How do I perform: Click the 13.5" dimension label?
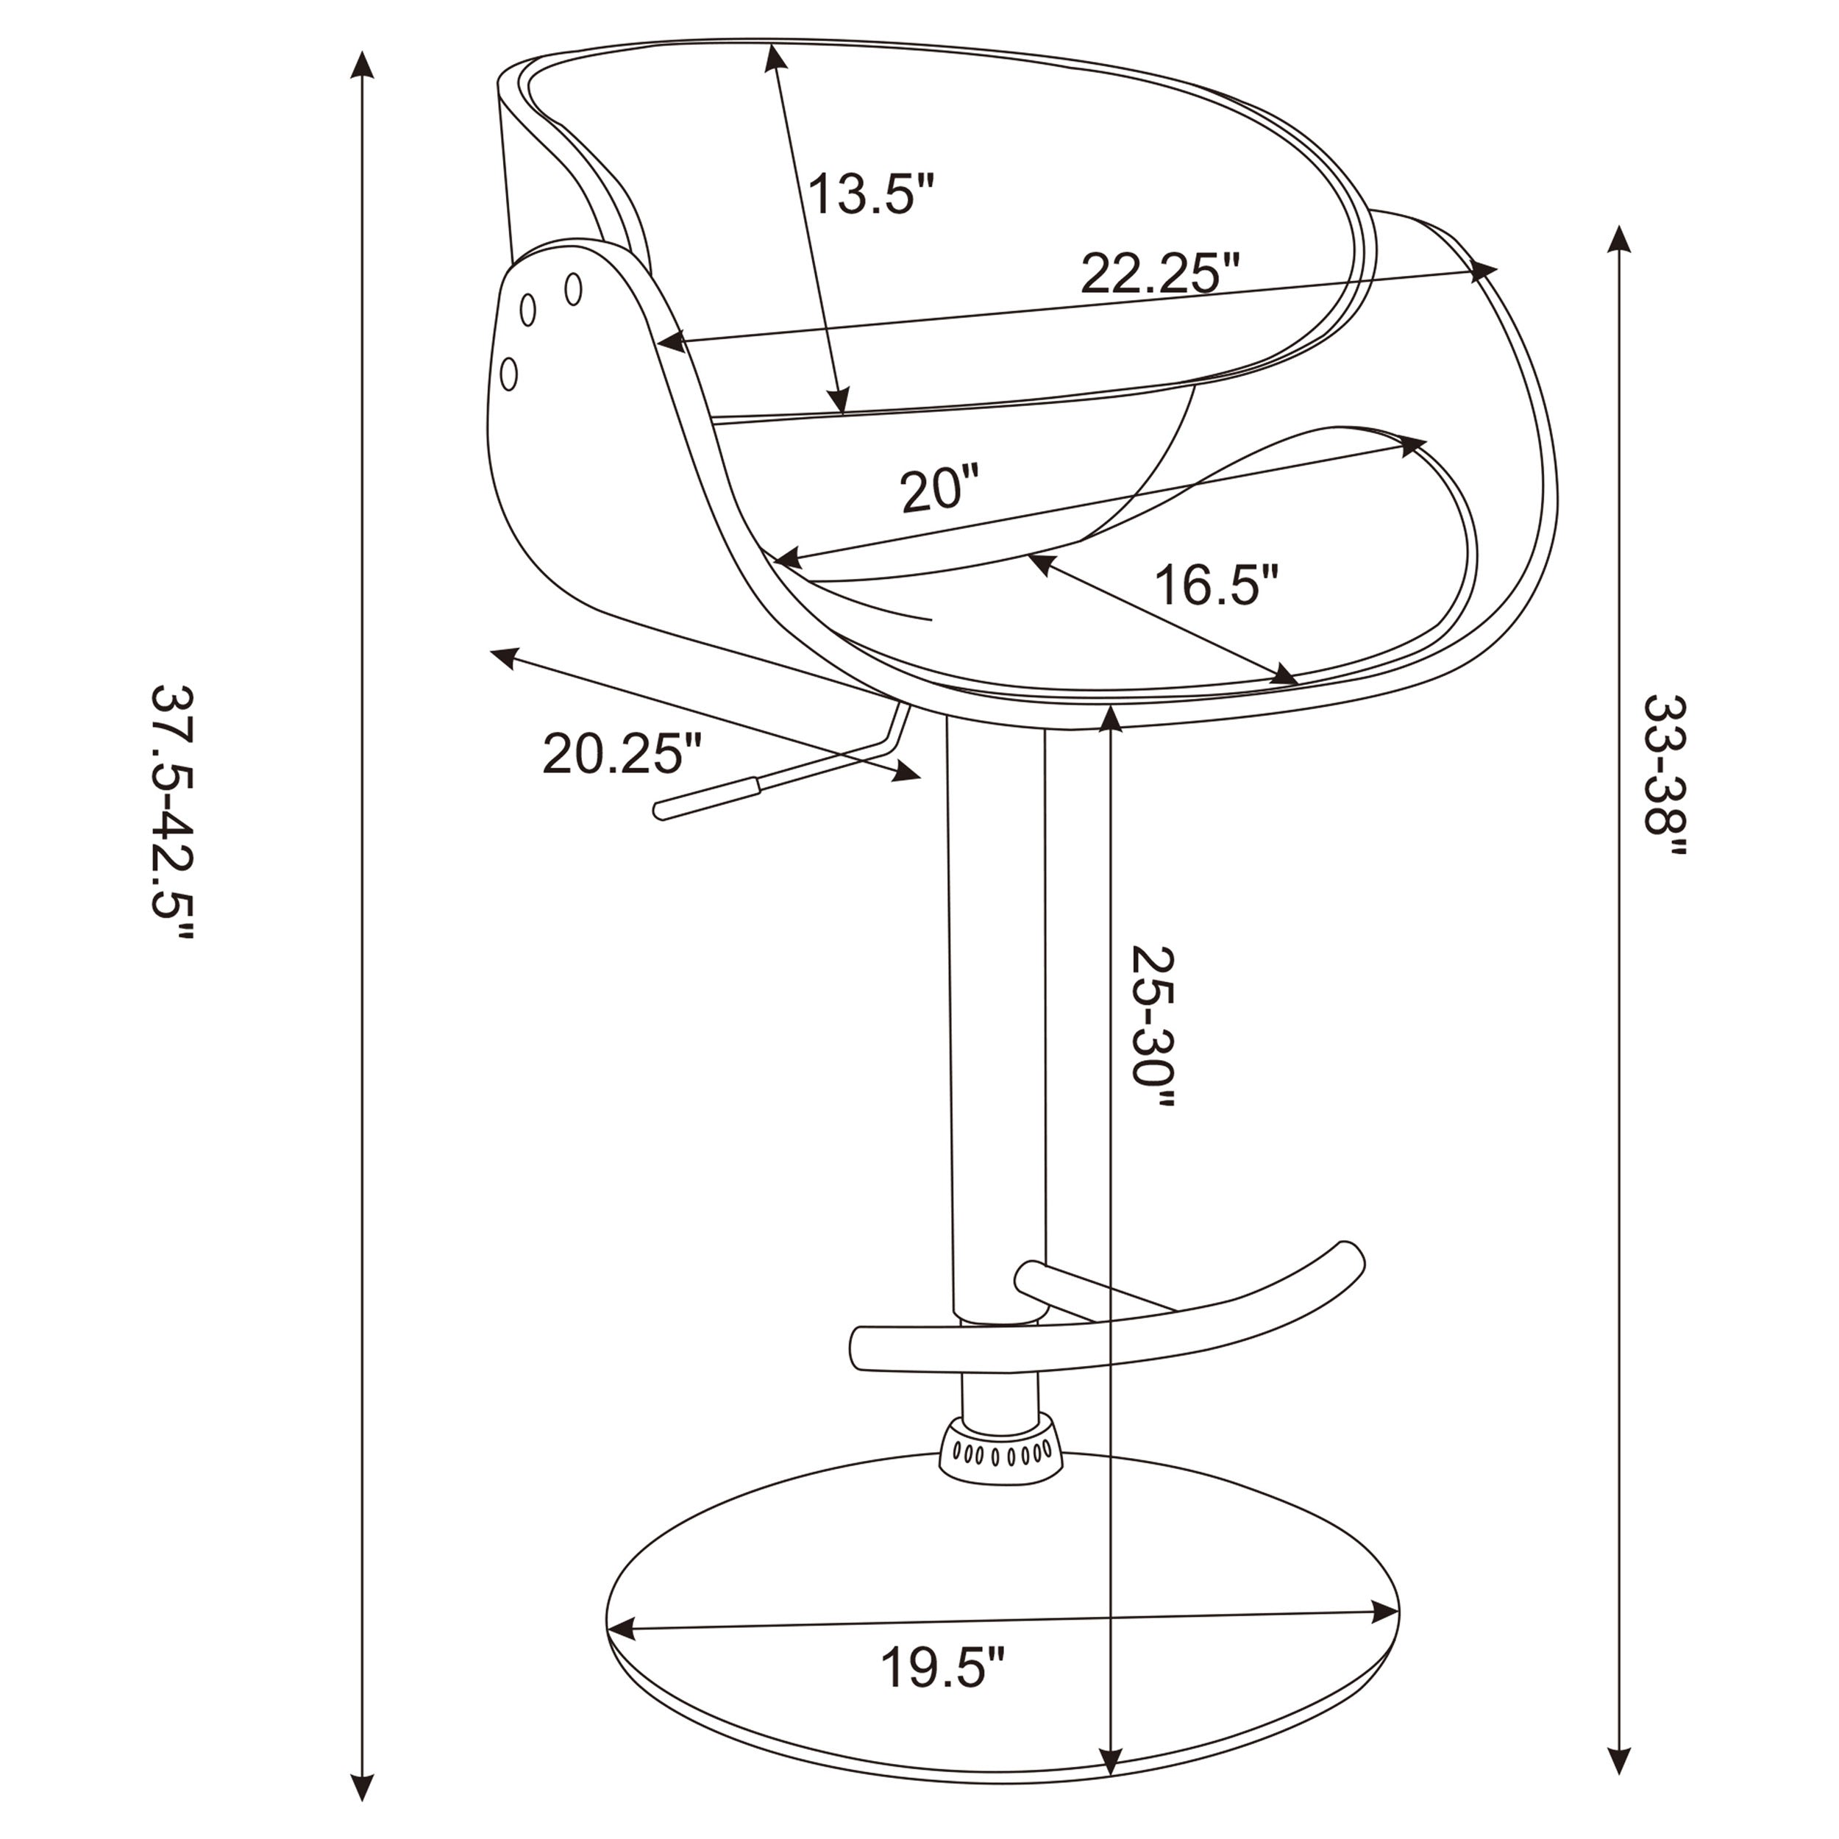click(x=871, y=195)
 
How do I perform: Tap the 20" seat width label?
click(x=939, y=490)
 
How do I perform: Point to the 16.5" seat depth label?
click(x=1215, y=585)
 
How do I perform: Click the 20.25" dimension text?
click(x=622, y=754)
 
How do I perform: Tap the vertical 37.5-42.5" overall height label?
click(x=174, y=812)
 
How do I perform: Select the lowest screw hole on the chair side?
click(x=509, y=373)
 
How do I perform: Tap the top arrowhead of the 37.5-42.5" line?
click(x=362, y=65)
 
